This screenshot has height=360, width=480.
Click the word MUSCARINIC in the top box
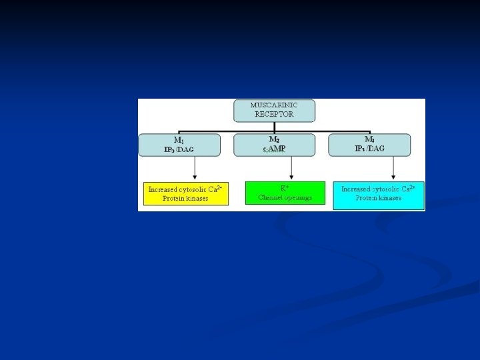(x=274, y=105)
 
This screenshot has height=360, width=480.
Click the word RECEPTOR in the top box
(x=274, y=114)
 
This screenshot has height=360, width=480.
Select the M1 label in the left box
(x=179, y=140)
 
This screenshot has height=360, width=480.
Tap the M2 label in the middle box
(x=274, y=139)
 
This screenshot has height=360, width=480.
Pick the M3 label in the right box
(x=369, y=139)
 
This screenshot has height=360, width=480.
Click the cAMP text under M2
(x=274, y=149)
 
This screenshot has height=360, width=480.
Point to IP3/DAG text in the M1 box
(x=179, y=149)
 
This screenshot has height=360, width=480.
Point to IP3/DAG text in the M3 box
(x=369, y=149)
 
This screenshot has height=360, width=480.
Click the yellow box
(x=185, y=193)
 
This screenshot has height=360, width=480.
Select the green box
(x=285, y=193)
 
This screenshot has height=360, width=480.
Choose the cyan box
(x=379, y=195)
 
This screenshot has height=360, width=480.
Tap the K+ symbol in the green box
(x=285, y=188)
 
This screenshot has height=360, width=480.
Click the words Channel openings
(x=285, y=198)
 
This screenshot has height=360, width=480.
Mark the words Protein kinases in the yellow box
(x=185, y=199)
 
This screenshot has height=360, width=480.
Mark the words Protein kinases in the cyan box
(x=379, y=199)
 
